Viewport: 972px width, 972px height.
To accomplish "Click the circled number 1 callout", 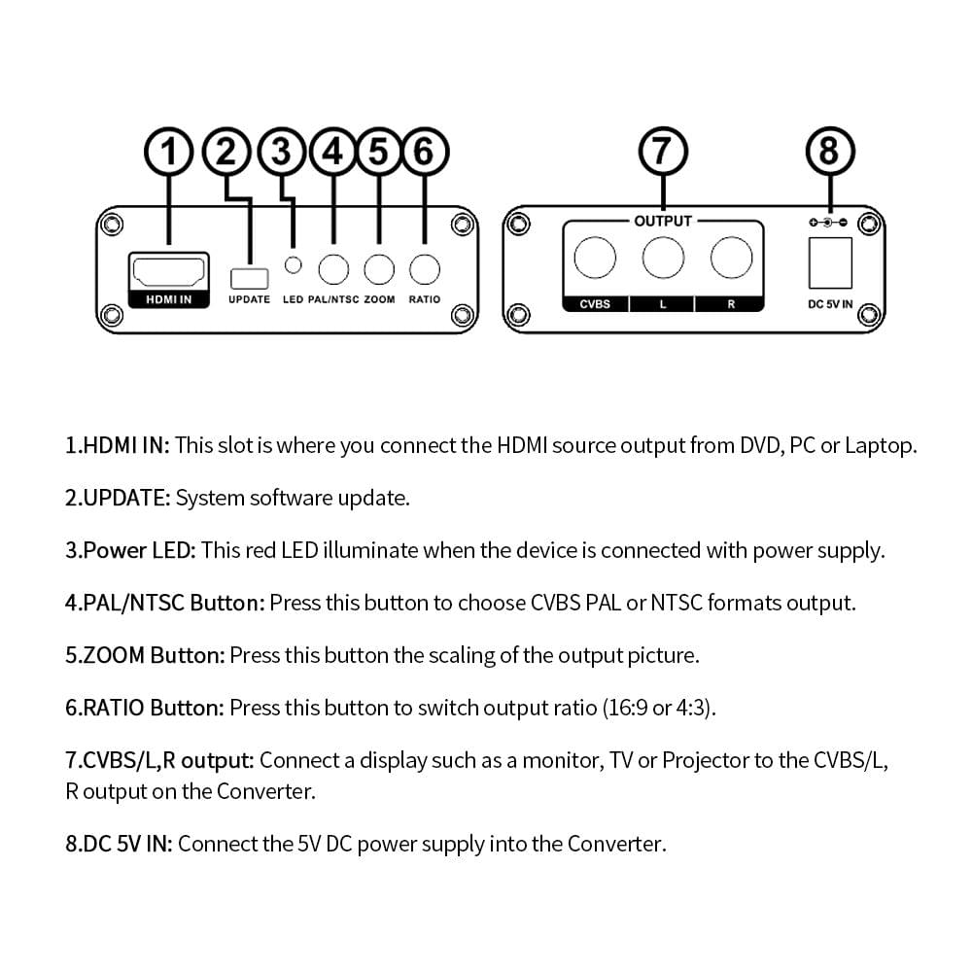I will (168, 152).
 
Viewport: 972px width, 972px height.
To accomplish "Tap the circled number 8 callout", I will (829, 153).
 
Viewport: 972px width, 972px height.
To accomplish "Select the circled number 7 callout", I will (663, 153).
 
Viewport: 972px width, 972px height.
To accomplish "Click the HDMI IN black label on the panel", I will (168, 299).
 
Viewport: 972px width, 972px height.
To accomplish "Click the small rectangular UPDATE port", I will (249, 277).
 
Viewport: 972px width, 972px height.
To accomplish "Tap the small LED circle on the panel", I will (293, 264).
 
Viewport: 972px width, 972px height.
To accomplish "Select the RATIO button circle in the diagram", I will (425, 268).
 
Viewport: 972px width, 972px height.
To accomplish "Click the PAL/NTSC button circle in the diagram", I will (333, 268).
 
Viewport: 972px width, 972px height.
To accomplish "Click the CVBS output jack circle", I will (595, 259).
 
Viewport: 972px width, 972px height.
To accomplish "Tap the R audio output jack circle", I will (731, 259).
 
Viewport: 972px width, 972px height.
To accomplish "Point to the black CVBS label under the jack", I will (595, 304).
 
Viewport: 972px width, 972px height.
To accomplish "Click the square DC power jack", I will (830, 261).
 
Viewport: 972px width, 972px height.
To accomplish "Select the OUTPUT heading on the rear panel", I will (663, 221).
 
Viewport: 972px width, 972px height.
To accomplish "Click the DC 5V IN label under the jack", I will (830, 304).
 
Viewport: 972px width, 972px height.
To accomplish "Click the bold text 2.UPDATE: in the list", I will (118, 498).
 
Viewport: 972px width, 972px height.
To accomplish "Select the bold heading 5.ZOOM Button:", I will (145, 655).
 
